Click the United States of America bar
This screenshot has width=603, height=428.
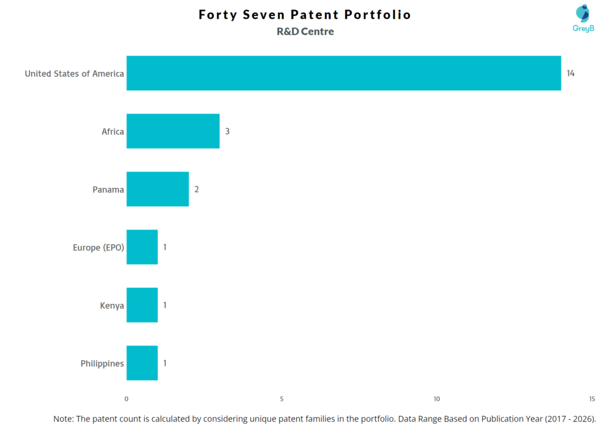tap(343, 73)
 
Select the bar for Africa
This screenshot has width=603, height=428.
tap(173, 131)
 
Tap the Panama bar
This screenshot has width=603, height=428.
tap(157, 189)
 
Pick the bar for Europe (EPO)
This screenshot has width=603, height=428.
tap(142, 247)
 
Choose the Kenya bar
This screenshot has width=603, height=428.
tap(142, 305)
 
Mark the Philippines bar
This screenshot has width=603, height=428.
tap(142, 363)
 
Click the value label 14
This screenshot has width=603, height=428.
tap(570, 74)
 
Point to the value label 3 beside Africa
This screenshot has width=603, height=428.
tap(227, 131)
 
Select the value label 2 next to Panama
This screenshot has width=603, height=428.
tap(196, 190)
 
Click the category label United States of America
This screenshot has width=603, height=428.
tap(74, 74)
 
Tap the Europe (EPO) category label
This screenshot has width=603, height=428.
tap(98, 247)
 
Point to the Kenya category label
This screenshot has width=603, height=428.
tap(112, 306)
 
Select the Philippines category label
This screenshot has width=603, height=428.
tap(102, 363)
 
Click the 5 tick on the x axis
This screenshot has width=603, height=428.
tap(281, 399)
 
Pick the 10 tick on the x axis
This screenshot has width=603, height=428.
tap(436, 399)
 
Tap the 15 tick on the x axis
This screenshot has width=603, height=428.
tap(591, 399)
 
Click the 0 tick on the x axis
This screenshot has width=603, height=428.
tap(127, 399)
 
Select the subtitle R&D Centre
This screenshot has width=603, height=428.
tap(305, 32)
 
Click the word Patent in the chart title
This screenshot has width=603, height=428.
tap(316, 15)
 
